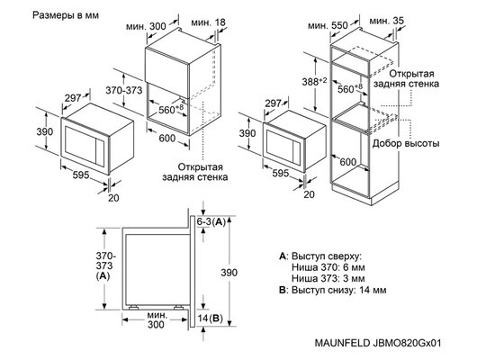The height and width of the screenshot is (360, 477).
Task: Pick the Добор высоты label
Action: pos(408,144)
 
